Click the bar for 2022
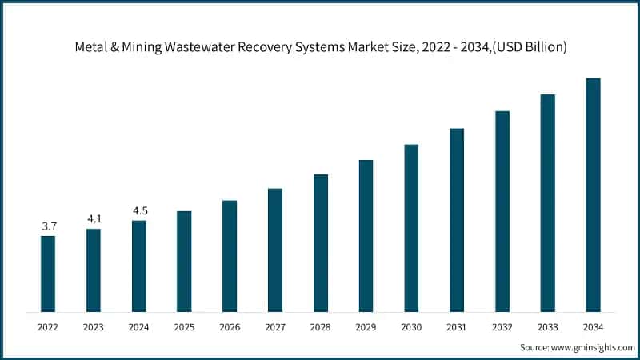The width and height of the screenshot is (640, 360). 48,274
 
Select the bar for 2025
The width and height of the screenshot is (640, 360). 184,262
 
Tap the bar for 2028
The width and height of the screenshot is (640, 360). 320,243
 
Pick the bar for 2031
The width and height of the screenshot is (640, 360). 457,220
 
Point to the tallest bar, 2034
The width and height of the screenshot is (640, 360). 593,195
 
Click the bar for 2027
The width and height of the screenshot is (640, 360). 275,250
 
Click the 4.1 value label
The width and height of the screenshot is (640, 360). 94,218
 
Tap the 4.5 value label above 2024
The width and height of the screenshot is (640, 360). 139,210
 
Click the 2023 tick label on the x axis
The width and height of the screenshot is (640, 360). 94,327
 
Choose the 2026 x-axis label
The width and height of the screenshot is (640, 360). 230,327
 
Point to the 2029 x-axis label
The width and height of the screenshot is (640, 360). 366,327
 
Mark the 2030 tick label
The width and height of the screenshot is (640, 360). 411,327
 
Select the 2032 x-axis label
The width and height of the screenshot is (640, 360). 502,327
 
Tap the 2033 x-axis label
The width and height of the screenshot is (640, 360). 548,327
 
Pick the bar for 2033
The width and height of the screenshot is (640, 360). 548,203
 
